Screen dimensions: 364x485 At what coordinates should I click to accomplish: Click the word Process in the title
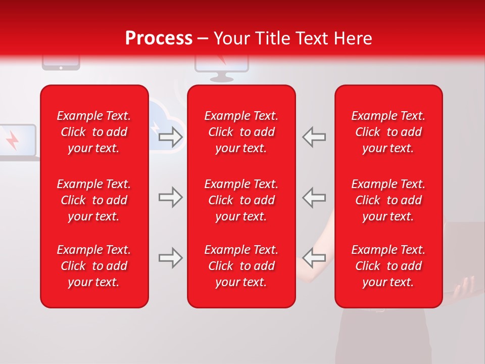click(159, 38)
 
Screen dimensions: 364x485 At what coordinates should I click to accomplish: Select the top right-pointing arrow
click(171, 136)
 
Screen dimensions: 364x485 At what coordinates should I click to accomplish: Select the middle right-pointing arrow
click(171, 197)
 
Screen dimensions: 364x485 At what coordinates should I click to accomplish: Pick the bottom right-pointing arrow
click(171, 258)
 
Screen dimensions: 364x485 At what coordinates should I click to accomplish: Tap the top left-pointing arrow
click(314, 136)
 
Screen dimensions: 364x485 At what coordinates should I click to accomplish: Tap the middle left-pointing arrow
click(314, 197)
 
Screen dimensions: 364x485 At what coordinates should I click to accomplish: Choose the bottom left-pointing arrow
click(314, 258)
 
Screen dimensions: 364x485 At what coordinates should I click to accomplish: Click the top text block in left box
click(94, 132)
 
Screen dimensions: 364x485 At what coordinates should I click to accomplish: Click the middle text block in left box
click(94, 200)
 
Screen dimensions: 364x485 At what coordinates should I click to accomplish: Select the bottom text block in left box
click(94, 266)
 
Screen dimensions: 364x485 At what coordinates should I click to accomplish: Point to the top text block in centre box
click(241, 132)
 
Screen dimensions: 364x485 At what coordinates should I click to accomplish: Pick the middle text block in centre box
click(241, 200)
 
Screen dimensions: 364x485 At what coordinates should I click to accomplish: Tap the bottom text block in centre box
click(241, 266)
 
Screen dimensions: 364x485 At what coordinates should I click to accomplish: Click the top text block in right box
click(388, 132)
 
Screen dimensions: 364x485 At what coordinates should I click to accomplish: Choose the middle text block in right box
click(388, 200)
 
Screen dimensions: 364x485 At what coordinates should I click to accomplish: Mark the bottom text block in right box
click(388, 266)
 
